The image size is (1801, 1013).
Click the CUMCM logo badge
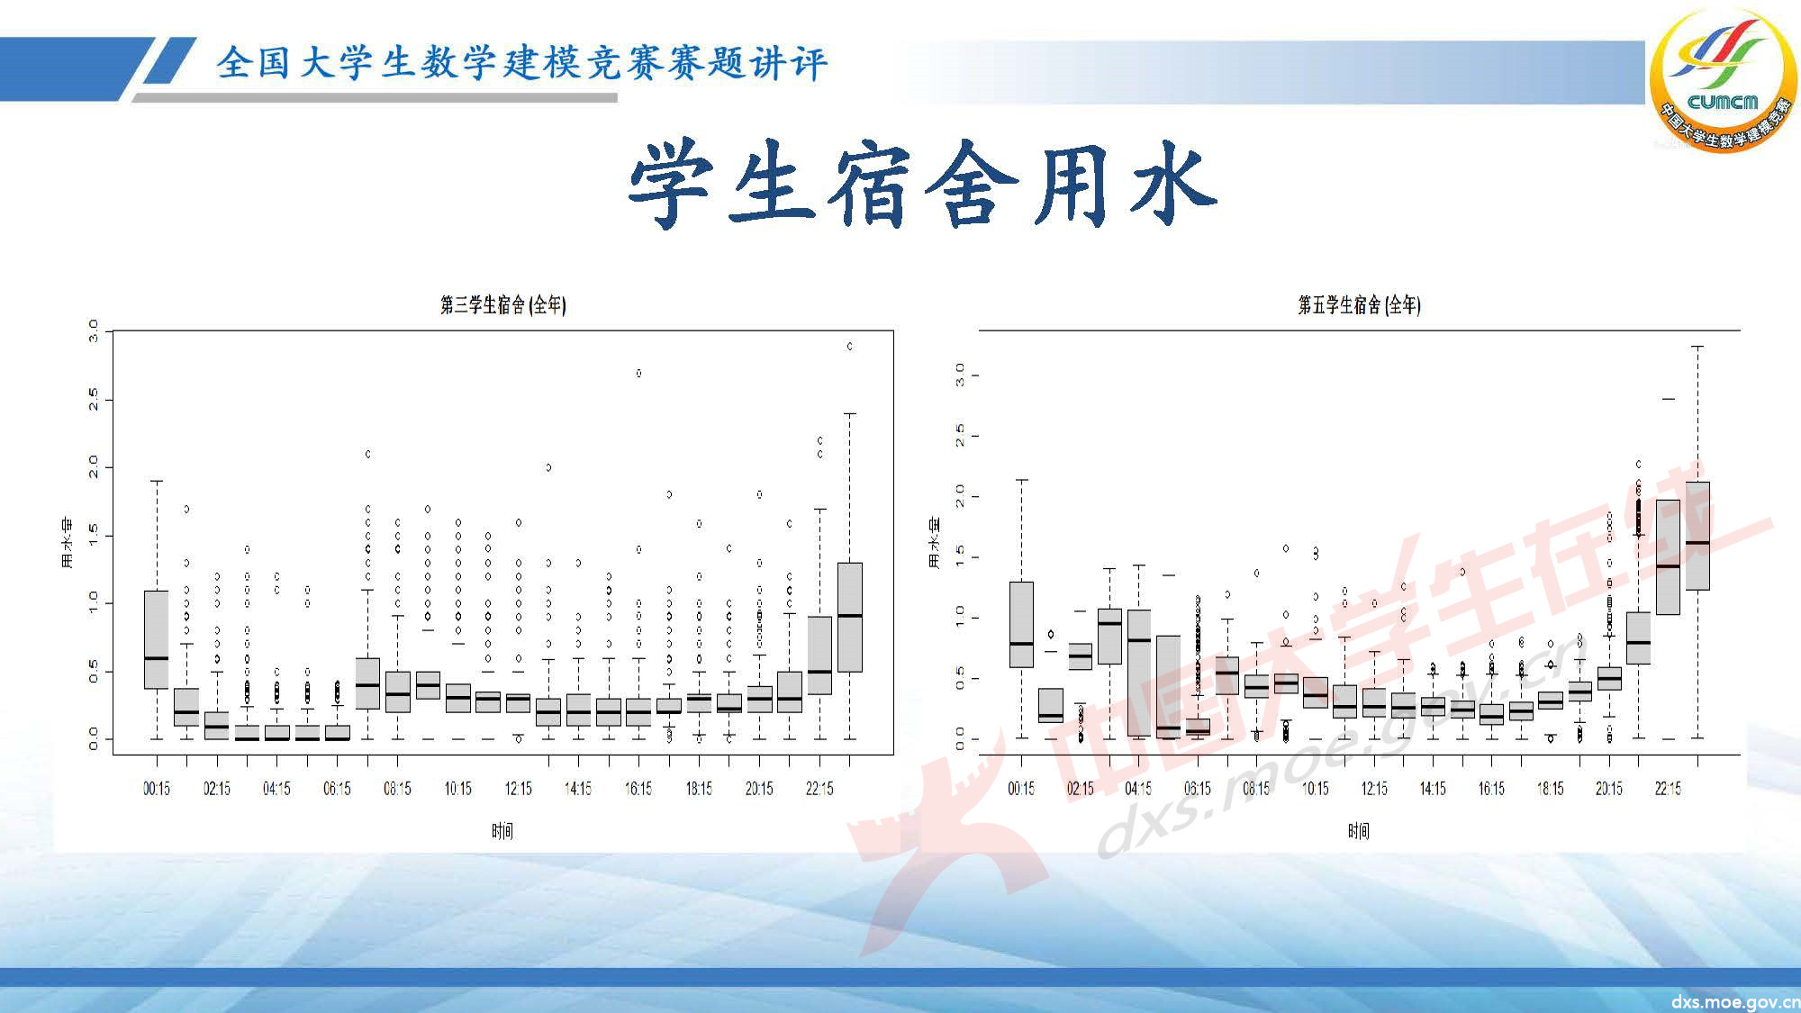(1722, 79)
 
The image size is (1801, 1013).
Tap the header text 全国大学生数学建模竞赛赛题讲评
(521, 63)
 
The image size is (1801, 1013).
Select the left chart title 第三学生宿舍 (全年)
(502, 305)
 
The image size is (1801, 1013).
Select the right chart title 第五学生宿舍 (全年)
(1359, 305)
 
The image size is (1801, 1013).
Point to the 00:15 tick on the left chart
(157, 789)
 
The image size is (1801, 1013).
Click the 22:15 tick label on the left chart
(819, 789)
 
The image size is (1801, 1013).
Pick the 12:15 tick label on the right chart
(1374, 789)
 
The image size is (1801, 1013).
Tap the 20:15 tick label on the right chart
(1609, 789)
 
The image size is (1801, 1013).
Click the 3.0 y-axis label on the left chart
(94, 331)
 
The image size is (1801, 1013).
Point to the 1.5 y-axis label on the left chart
(94, 536)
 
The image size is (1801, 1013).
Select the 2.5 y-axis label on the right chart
(960, 436)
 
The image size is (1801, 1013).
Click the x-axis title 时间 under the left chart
(502, 831)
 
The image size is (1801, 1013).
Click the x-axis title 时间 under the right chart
(1359, 831)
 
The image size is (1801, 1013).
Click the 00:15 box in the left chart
(157, 639)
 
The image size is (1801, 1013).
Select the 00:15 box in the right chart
(1021, 624)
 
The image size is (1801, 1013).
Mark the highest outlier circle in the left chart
(849, 346)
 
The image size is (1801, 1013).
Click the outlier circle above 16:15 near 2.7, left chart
(638, 373)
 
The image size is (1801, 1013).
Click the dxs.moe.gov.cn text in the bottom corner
(1735, 1001)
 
